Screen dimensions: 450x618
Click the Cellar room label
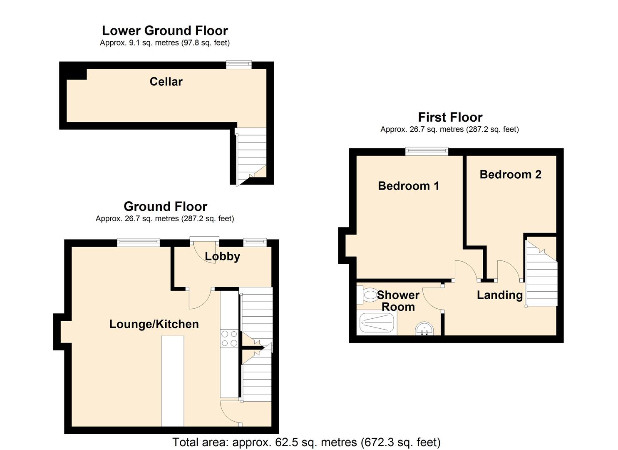pos(166,82)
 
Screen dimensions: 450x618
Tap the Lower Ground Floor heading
pos(165,31)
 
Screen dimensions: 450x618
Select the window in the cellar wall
pos(239,65)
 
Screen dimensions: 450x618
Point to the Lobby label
pos(222,256)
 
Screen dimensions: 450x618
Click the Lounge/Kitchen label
pos(154,324)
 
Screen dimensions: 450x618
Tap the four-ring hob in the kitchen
pos(229,338)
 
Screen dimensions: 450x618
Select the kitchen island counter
pos(173,381)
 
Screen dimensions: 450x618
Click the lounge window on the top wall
pos(138,242)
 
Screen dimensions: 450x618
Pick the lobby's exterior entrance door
pos(204,240)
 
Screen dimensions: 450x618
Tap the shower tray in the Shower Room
pos(377,323)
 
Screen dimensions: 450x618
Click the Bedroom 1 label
pos(408,186)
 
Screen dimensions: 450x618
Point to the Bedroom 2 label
pos(510,175)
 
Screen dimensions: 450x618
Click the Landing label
pos(499,295)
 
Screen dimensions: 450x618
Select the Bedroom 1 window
pos(427,152)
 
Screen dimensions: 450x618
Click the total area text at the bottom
pos(306,442)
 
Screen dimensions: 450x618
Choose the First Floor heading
pos(450,117)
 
